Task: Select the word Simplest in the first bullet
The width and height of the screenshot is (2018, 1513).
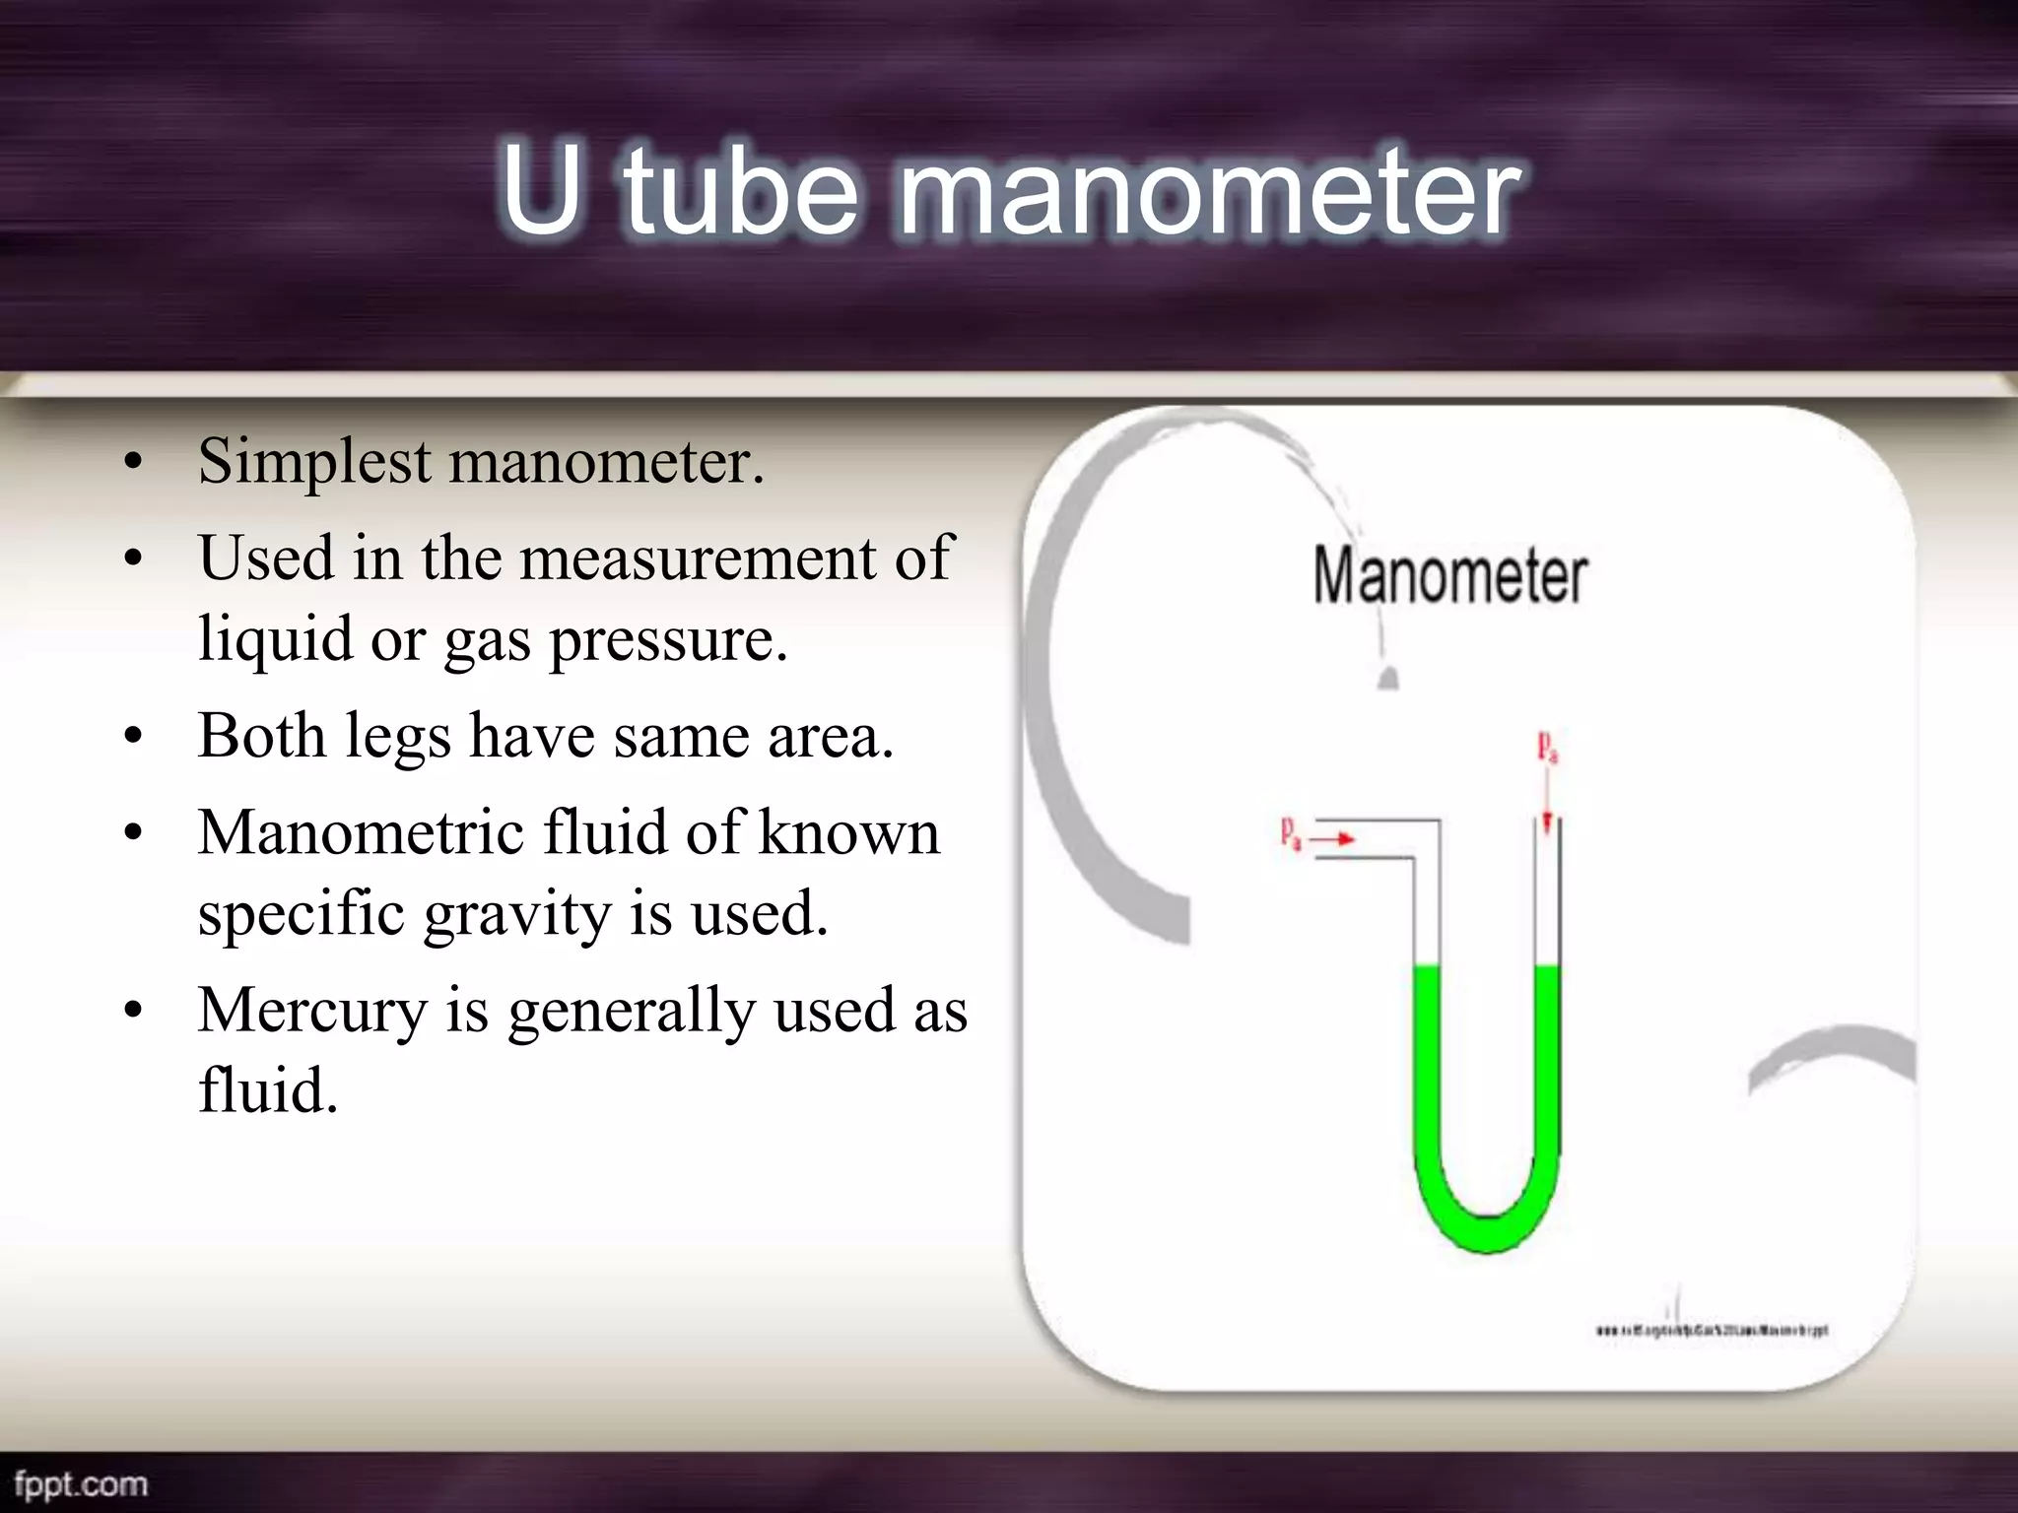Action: click(x=314, y=461)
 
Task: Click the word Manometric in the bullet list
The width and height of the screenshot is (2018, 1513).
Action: click(x=361, y=833)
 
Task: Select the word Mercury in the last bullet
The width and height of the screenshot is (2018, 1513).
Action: click(x=312, y=1011)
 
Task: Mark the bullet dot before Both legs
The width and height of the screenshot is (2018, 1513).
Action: click(x=135, y=736)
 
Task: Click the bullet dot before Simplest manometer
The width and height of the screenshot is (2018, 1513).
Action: click(x=135, y=461)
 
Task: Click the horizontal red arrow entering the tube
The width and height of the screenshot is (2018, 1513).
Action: click(x=1332, y=839)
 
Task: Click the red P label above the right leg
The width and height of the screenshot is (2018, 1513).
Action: click(x=1547, y=746)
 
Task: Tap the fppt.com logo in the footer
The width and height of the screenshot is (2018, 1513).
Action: click(x=81, y=1484)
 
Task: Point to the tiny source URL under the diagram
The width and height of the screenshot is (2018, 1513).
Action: click(x=1712, y=1330)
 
